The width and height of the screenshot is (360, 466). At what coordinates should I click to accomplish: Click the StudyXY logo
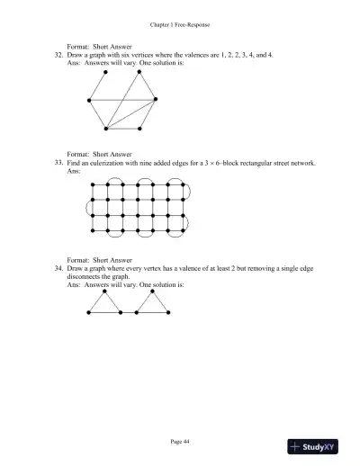[x=319, y=445]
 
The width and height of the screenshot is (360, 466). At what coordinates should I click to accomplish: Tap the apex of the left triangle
[x=106, y=291]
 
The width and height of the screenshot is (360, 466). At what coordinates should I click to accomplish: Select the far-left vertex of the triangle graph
[x=86, y=311]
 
